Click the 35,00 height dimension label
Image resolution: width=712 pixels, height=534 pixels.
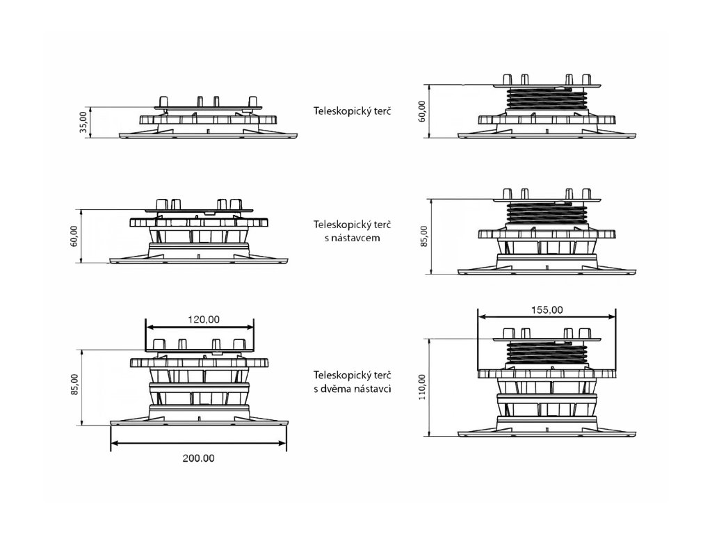click(84, 122)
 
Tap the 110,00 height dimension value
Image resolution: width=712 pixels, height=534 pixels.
click(423, 387)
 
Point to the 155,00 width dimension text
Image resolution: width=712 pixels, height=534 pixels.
click(547, 310)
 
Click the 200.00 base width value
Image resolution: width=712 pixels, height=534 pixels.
click(198, 458)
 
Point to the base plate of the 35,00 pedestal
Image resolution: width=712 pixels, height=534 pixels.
click(209, 136)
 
